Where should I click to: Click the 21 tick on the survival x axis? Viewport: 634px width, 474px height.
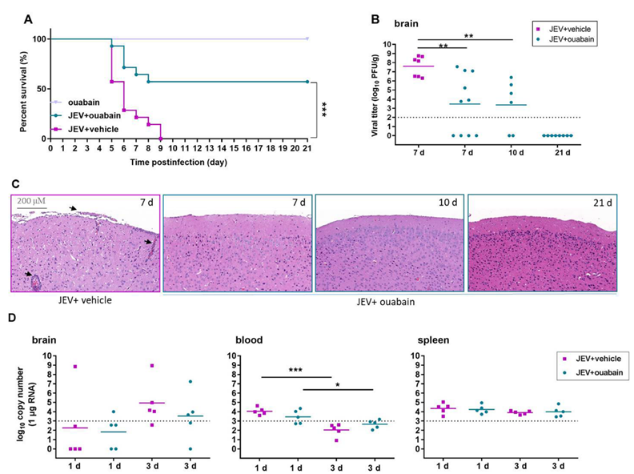[307, 148]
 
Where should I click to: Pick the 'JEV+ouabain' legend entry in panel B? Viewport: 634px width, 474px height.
[572, 41]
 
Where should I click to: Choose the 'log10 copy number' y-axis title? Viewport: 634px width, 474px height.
[22, 402]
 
